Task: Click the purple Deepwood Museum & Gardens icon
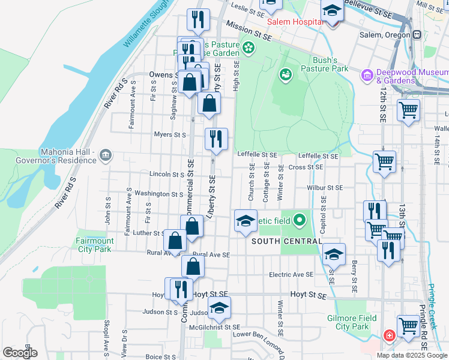click(x=367, y=76)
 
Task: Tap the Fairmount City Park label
click(x=94, y=245)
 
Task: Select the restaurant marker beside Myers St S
click(x=215, y=139)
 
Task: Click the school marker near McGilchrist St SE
click(x=219, y=308)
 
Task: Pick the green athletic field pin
click(x=300, y=221)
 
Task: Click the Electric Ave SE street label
click(x=291, y=274)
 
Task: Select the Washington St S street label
click(x=158, y=194)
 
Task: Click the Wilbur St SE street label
click(x=324, y=187)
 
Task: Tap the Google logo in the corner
click(x=20, y=352)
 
